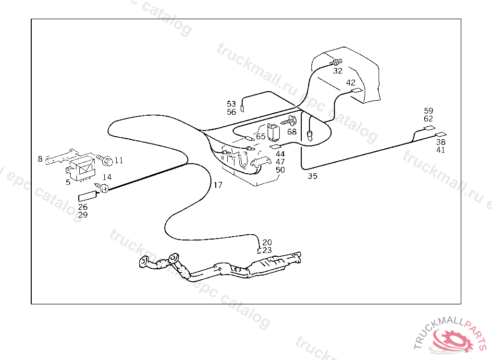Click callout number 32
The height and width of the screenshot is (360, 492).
[x=338, y=71]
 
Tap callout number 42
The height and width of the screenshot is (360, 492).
[x=351, y=83]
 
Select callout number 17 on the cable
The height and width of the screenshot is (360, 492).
[x=218, y=185]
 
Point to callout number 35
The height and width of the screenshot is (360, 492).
[x=312, y=176]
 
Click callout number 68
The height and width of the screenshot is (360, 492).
[x=292, y=132]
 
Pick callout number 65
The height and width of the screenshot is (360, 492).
[x=260, y=136]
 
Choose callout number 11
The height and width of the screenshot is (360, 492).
[x=119, y=160]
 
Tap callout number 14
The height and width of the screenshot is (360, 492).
[x=107, y=178]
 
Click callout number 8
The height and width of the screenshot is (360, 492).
[x=40, y=158]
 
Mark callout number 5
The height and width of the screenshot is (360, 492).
[x=68, y=182]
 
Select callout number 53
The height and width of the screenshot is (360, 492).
[x=232, y=104]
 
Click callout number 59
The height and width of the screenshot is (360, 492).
[x=429, y=110]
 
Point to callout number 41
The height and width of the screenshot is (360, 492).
[x=441, y=150]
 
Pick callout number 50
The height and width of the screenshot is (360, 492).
[x=280, y=170]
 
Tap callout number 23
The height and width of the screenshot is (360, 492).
[x=267, y=250]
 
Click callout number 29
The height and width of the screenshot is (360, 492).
[x=83, y=215]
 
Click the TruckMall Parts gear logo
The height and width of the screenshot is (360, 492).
[x=453, y=339]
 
